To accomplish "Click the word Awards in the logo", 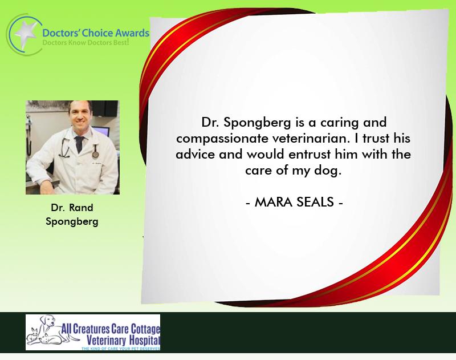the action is [132, 33].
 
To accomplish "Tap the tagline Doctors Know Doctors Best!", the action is [85, 42].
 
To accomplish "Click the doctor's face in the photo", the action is [79, 115].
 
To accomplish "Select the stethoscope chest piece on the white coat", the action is [95, 154].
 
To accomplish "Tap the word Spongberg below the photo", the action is [72, 221].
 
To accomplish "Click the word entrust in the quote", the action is [310, 154].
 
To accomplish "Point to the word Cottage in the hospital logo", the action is [145, 329].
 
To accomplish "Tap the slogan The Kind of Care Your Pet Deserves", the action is [121, 349].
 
